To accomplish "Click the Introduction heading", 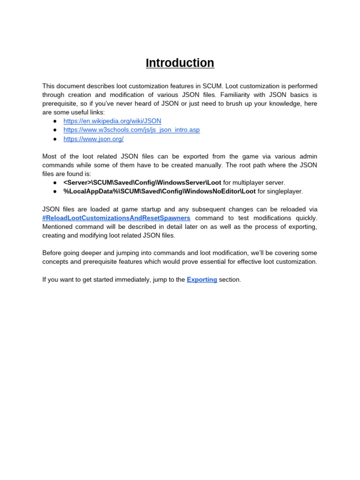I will (180, 63).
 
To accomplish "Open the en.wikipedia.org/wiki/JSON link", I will (112, 121).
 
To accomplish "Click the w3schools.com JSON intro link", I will (131, 130).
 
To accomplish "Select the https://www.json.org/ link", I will (93, 139).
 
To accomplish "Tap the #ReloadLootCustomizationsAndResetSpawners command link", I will (116, 218).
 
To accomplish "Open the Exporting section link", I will (202, 279).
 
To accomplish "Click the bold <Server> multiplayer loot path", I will (142, 182).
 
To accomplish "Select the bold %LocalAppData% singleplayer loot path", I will (159, 191).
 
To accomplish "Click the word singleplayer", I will (286, 191).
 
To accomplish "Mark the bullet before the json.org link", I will (55, 139).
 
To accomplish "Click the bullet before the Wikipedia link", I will (55, 121).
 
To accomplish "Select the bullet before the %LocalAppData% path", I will (55, 191).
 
